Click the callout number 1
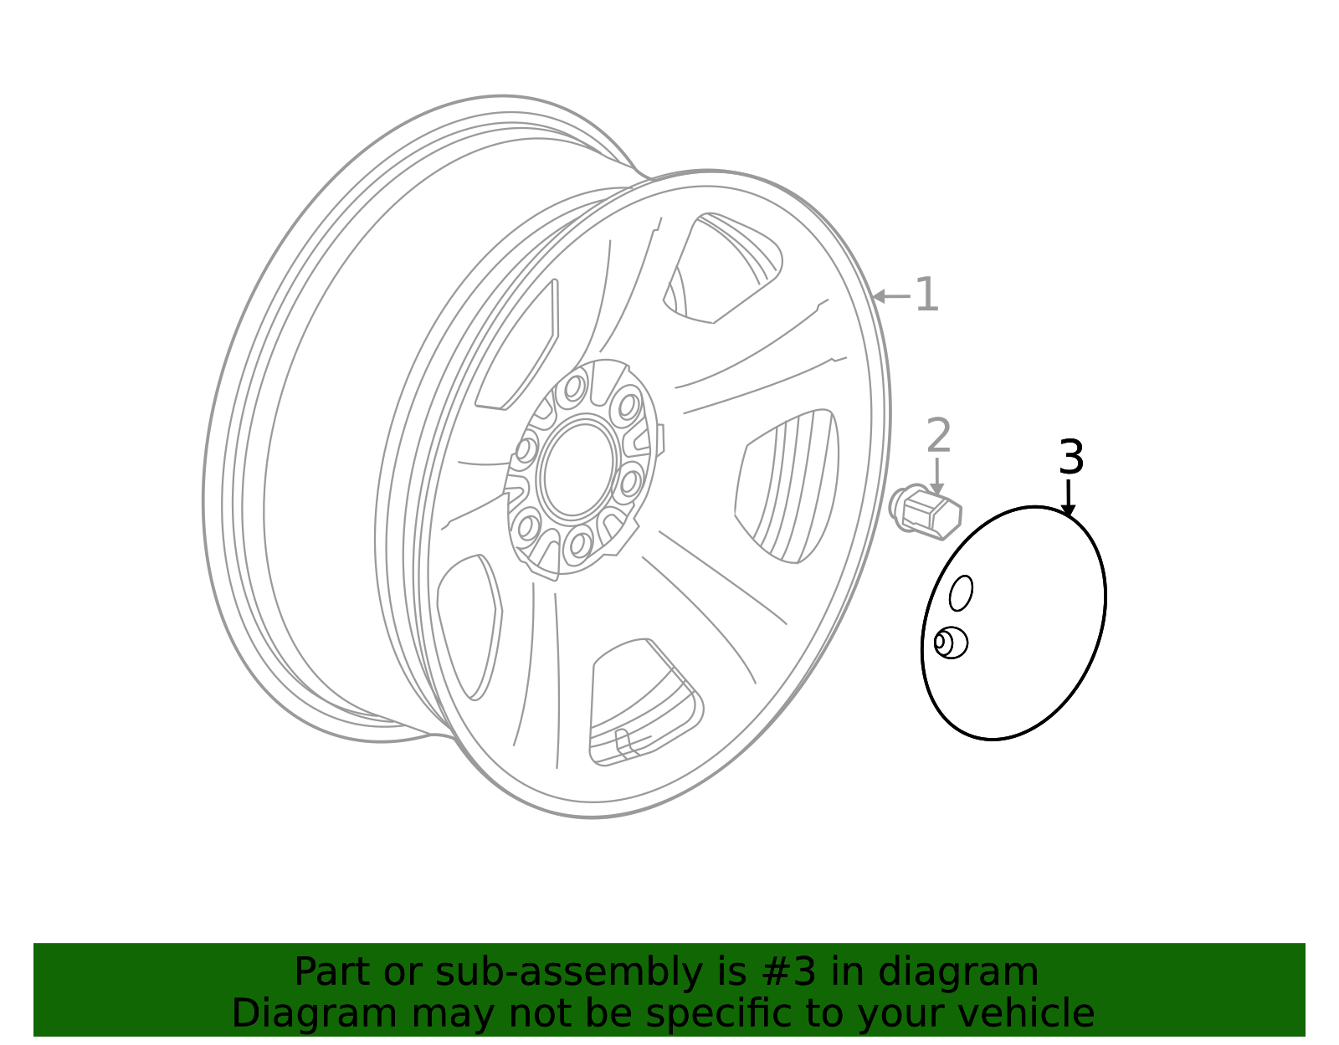926,295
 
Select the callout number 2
938,437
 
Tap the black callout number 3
1071,458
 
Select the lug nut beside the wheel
926,510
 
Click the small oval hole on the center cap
961,593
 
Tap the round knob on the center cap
950,643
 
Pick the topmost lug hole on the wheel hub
574,387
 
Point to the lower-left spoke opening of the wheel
469,623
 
